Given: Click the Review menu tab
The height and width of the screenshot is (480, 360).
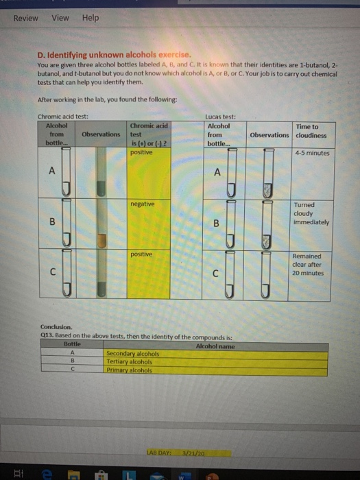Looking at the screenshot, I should pos(26,18).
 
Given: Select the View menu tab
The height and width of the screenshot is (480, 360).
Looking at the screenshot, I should pos(60,18).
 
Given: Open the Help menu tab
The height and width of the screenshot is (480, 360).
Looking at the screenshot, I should pos(91,18).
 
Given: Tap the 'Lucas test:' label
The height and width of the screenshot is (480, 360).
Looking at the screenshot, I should pos(219,116).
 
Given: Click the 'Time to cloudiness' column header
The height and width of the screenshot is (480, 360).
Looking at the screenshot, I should pos(306,131).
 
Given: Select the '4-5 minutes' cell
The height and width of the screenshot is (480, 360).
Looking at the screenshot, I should pos(311,153).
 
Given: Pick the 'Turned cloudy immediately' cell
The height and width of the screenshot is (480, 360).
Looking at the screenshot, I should pos(311,213).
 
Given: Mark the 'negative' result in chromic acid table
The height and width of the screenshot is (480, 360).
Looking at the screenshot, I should pos(142,204).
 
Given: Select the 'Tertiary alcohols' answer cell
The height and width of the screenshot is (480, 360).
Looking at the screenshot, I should pos(130,361).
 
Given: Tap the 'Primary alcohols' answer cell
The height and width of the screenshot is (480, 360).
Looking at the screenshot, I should pos(128,370).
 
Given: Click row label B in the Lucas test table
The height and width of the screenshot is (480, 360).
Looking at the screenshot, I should pos(217,223).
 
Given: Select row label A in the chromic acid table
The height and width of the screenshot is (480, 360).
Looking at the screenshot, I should pos(52,172).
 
